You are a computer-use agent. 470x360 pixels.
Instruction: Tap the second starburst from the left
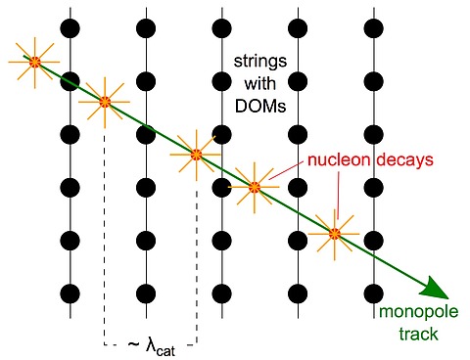[105, 101]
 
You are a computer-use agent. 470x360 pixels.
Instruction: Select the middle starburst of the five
[197, 154]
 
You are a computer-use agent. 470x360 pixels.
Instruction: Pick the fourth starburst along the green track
[255, 185]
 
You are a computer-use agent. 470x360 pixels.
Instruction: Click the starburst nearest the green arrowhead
[335, 234]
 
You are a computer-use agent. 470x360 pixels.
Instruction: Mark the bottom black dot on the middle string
[222, 292]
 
